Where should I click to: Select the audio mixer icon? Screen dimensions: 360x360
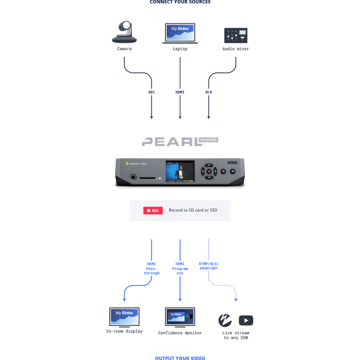[236, 35]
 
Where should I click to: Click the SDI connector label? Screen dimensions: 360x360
[151, 92]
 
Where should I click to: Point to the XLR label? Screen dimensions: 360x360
[208, 92]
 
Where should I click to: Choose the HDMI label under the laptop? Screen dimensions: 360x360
[180, 92]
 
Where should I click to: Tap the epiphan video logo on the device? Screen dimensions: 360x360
[136, 164]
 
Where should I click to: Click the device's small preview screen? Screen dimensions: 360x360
[180, 171]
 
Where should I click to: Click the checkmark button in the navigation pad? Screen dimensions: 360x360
[209, 171]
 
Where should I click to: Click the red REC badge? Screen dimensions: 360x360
[153, 210]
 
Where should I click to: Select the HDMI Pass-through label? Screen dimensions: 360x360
[152, 268]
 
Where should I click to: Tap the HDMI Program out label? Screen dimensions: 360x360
[180, 268]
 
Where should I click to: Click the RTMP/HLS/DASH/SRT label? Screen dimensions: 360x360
[209, 265]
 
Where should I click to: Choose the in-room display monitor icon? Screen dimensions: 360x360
[124, 317]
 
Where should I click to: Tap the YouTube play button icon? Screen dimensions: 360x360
[246, 320]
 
